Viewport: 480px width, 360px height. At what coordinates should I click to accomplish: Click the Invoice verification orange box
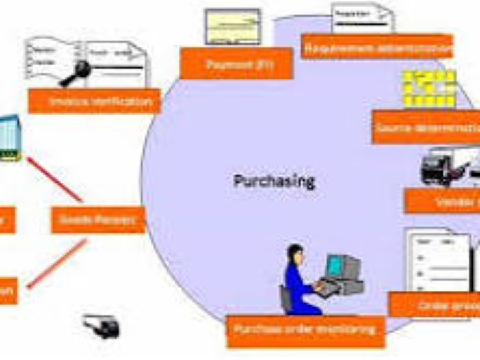pyautogui.click(x=94, y=101)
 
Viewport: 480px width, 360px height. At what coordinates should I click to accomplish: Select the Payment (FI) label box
pyautogui.click(x=236, y=65)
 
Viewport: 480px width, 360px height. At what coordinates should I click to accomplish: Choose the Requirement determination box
pyautogui.click(x=377, y=47)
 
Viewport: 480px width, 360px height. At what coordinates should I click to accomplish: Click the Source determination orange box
pyautogui.click(x=427, y=127)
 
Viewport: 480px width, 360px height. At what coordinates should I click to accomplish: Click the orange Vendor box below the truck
pyautogui.click(x=443, y=201)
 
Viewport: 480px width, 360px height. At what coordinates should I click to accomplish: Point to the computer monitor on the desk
pyautogui.click(x=341, y=267)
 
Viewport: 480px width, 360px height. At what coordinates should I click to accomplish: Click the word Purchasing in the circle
pyautogui.click(x=274, y=181)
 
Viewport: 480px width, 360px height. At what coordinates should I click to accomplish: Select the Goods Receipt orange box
pyautogui.click(x=98, y=219)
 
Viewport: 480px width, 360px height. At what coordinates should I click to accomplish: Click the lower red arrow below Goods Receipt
pyautogui.click(x=57, y=263)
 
